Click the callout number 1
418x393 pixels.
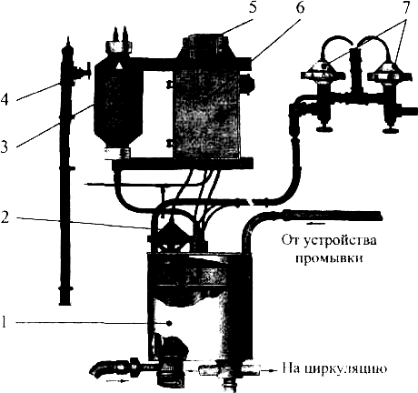(4, 323)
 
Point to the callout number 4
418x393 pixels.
(5, 99)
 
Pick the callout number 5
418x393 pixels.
(253, 7)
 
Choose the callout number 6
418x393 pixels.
(299, 7)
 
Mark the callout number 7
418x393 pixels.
(405, 7)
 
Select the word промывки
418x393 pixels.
(329, 259)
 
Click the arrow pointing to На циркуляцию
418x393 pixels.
(269, 370)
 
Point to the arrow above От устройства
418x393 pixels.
(317, 224)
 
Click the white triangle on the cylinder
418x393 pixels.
(120, 65)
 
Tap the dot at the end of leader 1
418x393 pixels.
(169, 323)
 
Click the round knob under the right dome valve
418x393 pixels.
(390, 131)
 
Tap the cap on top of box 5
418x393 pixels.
(205, 41)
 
